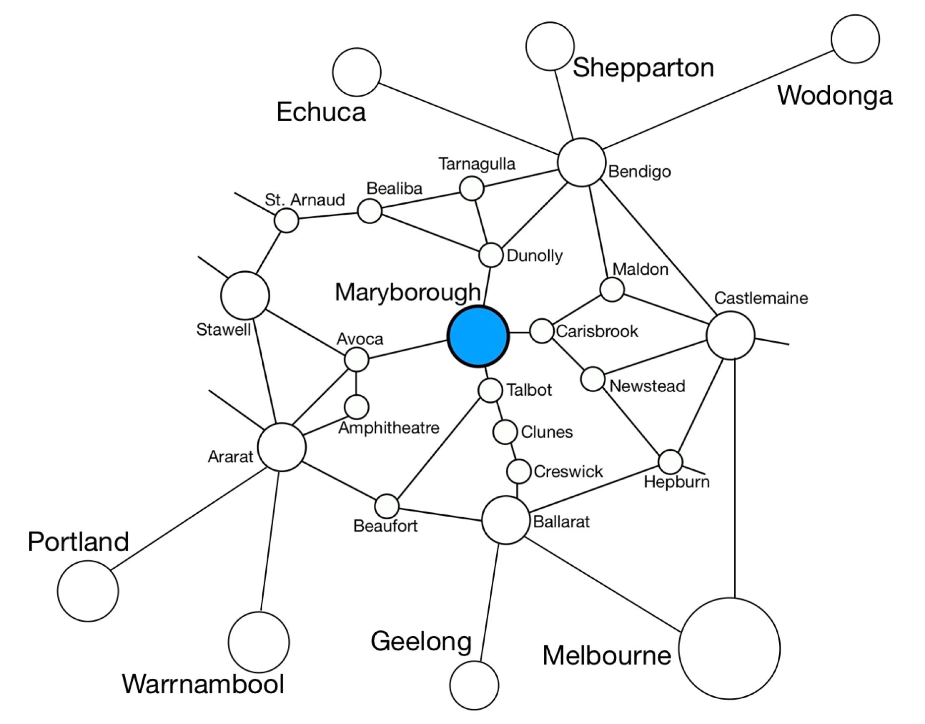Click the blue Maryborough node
tap(478, 337)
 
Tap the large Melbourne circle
tap(729, 648)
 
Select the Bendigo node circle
tap(581, 162)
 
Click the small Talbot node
tap(490, 390)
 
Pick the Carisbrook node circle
tap(541, 331)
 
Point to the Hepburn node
tap(670, 462)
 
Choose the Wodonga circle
tap(855, 39)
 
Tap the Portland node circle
tap(88, 591)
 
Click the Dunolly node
tap(491, 255)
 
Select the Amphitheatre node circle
tap(356, 407)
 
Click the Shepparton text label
tap(643, 67)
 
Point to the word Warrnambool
tap(203, 684)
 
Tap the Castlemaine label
tap(761, 298)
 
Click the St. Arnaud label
tap(304, 200)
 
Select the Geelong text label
tap(421, 641)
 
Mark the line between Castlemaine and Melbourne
tap(735, 476)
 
